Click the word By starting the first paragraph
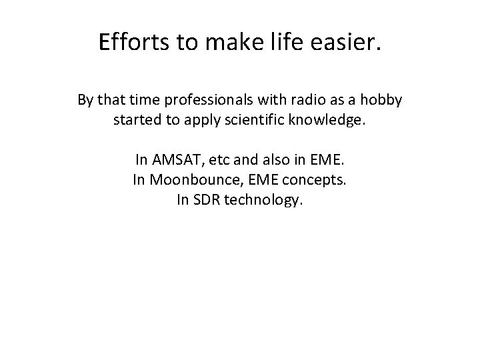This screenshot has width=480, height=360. pyautogui.click(x=85, y=101)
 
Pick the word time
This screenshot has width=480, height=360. pyautogui.click(x=144, y=101)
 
